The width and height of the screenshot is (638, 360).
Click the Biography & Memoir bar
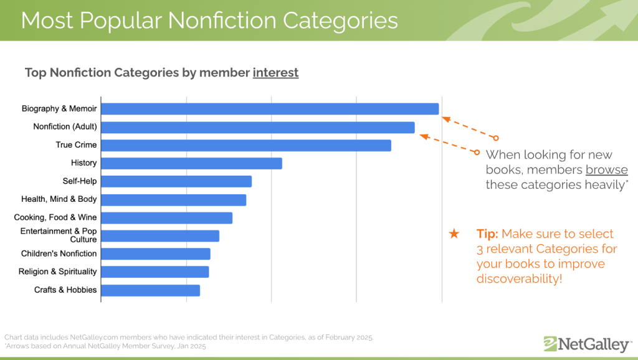(269, 109)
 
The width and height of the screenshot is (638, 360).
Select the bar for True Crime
(245, 145)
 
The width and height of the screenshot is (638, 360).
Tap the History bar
(191, 163)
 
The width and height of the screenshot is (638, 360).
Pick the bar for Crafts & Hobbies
(150, 290)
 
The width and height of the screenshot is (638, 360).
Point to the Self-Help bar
(176, 181)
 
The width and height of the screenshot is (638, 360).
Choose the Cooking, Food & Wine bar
(166, 218)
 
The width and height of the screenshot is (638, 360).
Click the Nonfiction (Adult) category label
(65, 127)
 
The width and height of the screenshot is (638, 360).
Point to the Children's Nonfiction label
(59, 253)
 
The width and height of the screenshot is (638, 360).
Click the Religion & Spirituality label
(58, 272)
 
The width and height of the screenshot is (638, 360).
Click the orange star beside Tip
(454, 234)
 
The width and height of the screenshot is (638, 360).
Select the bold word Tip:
(487, 234)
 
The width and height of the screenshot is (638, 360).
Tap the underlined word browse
(606, 170)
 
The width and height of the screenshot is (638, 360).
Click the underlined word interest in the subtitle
(275, 73)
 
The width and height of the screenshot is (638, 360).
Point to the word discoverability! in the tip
(519, 278)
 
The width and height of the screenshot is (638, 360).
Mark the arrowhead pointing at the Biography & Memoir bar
(445, 115)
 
